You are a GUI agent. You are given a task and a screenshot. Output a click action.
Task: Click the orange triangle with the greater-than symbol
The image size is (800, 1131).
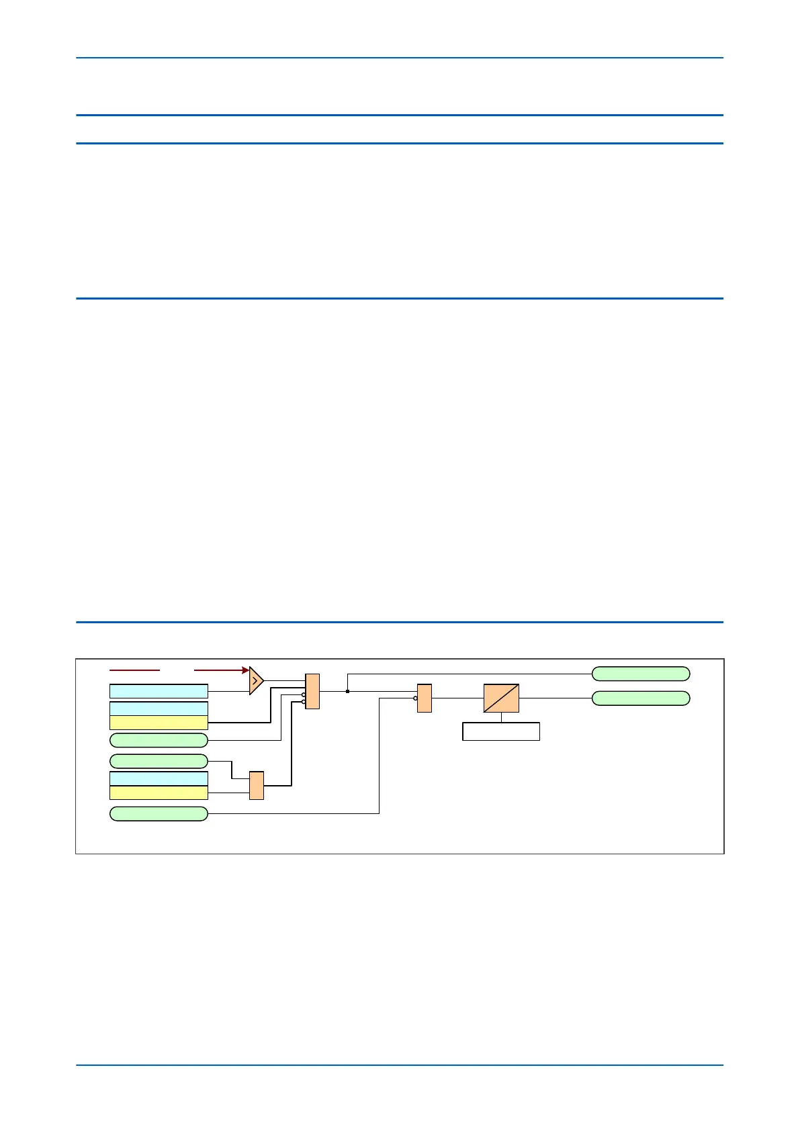(x=255, y=680)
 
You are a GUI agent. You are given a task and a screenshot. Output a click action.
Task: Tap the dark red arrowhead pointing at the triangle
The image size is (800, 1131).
(x=245, y=670)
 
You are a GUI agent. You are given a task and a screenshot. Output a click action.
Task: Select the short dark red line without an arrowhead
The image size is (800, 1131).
(x=134, y=670)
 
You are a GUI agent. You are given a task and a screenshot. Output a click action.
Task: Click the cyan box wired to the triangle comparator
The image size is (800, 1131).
(x=159, y=691)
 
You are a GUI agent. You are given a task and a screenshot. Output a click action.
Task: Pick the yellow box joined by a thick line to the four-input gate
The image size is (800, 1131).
(x=159, y=723)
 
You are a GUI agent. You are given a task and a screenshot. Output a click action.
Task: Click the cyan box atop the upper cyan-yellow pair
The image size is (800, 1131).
(x=159, y=709)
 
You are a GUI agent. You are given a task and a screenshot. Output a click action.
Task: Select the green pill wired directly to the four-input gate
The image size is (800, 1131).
(x=159, y=740)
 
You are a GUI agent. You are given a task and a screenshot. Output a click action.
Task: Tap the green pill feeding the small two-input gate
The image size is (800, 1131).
(x=159, y=761)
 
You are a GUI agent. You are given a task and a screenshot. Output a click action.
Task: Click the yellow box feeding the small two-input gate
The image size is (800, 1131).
(x=159, y=793)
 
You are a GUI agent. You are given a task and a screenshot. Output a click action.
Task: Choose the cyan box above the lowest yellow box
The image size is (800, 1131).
(x=159, y=778)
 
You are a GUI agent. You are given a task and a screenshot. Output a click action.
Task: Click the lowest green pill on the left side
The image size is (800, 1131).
(x=159, y=813)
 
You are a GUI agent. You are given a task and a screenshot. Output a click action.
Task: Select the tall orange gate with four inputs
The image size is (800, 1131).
(x=312, y=691)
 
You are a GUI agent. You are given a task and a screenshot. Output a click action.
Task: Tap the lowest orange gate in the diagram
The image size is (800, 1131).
(x=257, y=785)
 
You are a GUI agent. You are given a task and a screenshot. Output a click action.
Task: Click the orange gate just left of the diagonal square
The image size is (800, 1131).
(x=425, y=698)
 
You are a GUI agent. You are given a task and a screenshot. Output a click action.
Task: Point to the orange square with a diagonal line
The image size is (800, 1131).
(x=501, y=698)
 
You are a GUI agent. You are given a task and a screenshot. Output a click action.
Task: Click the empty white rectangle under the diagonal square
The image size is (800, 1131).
(x=501, y=731)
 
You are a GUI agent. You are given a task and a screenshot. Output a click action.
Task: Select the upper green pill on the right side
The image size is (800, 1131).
(x=641, y=674)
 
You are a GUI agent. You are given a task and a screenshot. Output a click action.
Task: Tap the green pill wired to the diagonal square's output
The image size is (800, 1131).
(x=641, y=698)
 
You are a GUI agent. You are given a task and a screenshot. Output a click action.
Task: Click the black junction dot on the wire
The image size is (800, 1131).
(x=347, y=691)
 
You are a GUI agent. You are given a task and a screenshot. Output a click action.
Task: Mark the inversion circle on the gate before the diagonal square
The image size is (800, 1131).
(x=415, y=698)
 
